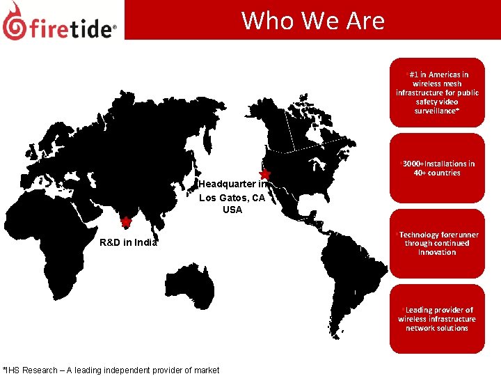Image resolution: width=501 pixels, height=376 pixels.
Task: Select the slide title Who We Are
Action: coord(312,20)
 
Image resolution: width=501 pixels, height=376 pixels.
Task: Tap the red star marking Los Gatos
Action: coord(264,173)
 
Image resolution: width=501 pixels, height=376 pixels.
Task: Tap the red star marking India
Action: coord(125,223)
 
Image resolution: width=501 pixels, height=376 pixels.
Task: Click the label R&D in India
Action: coord(128,242)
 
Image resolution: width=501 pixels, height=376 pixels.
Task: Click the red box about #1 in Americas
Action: coord(436,92)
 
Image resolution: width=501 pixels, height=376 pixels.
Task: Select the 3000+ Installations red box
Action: coord(436,168)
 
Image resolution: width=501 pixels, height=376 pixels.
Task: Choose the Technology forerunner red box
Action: coord(436,243)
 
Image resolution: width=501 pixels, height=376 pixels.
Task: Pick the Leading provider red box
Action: coord(436,319)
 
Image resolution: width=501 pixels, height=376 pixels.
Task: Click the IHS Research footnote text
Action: coord(111,370)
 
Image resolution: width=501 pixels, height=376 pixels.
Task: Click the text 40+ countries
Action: coord(437,173)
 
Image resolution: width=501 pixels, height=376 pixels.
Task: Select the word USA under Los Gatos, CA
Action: coord(232,210)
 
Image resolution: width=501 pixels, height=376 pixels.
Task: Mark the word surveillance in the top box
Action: coord(436,111)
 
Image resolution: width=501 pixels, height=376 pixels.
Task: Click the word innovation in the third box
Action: coord(437,252)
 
